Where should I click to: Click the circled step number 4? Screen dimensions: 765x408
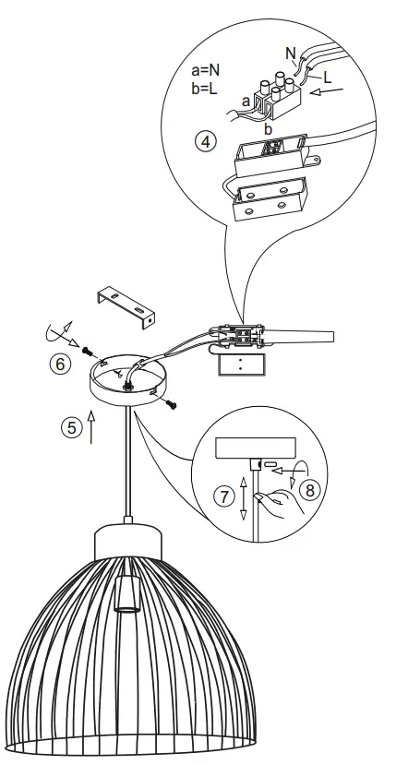(206, 142)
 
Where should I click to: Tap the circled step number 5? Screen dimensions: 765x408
(69, 428)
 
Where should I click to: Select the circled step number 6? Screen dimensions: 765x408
(59, 365)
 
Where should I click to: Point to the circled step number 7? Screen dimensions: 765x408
(221, 496)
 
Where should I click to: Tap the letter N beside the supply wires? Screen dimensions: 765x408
(291, 53)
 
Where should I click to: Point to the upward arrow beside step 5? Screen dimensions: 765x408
(91, 427)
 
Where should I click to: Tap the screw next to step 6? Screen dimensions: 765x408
(85, 352)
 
